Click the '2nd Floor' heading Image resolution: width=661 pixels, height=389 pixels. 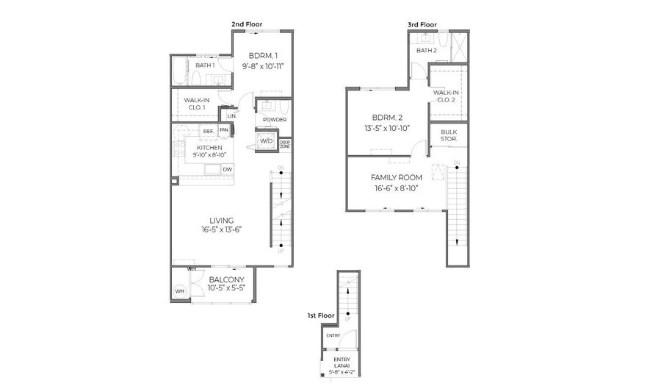247,24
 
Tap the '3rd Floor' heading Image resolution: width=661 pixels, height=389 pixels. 422,24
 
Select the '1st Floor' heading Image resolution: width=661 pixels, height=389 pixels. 321,315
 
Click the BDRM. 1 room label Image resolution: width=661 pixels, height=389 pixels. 263,56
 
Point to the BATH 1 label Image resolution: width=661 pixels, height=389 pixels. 205,65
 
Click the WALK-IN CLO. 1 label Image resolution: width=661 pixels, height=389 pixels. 194,104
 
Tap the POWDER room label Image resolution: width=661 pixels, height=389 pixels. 275,119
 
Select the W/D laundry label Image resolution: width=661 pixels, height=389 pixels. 266,140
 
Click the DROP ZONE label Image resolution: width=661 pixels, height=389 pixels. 285,144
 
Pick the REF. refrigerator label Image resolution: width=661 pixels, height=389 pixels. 209,131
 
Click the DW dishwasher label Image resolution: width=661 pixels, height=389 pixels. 228,170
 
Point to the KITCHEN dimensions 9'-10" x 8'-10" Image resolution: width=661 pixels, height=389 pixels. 209,155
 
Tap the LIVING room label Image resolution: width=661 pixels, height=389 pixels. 221,220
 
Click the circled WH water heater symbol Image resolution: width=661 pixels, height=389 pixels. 179,292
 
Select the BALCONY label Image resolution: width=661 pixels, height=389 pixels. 227,279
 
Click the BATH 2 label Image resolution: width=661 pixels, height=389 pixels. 427,51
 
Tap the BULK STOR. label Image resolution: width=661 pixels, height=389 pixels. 449,135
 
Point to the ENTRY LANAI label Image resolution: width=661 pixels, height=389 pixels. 342,363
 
